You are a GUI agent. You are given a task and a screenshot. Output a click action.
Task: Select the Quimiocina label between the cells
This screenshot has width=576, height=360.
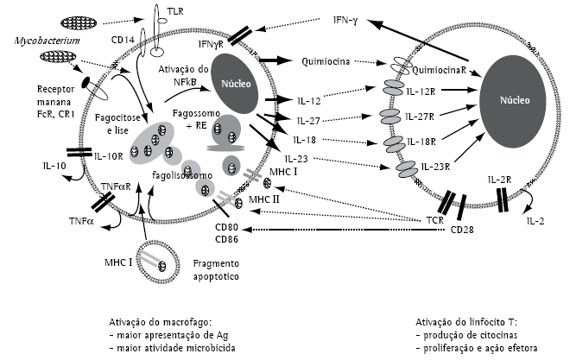click(326, 62)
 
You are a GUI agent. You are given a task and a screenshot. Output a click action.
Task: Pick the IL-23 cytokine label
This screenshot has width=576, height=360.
click(307, 159)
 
